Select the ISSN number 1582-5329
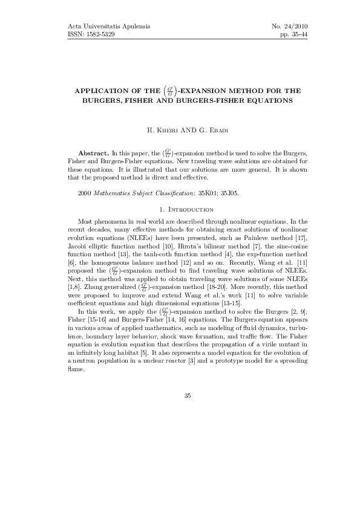point(97,35)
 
